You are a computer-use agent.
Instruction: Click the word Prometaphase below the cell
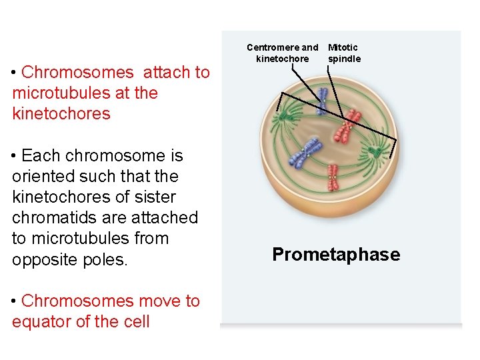click(x=336, y=255)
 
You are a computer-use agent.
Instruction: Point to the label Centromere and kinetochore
click(x=283, y=53)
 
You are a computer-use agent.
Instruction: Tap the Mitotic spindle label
click(x=344, y=53)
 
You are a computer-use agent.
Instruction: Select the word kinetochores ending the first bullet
click(x=61, y=113)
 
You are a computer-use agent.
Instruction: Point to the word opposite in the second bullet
click(x=41, y=259)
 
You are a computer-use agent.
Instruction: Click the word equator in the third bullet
click(x=41, y=321)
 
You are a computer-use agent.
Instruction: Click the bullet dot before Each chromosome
click(x=15, y=156)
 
